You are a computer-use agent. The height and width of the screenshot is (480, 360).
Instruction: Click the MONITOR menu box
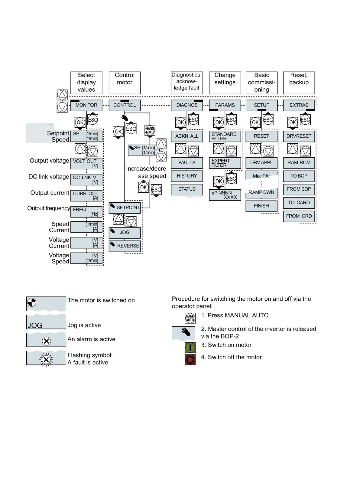(x=86, y=105)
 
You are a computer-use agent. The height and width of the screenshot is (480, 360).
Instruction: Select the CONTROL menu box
(x=125, y=105)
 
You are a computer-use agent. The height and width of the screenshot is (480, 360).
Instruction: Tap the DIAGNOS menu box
(x=187, y=105)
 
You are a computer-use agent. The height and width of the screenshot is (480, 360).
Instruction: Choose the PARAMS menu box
(x=225, y=105)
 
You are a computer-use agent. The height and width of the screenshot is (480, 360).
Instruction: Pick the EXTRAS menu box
(x=299, y=105)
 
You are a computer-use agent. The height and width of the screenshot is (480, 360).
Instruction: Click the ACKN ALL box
(x=187, y=136)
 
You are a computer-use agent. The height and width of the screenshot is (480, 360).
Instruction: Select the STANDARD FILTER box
(x=225, y=136)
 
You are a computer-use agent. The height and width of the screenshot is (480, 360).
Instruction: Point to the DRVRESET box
(x=299, y=136)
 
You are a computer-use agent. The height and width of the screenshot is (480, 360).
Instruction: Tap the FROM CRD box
(x=299, y=216)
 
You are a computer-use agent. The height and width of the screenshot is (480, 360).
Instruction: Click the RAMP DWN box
(x=261, y=192)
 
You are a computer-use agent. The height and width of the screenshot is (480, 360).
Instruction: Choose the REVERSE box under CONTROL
(x=125, y=246)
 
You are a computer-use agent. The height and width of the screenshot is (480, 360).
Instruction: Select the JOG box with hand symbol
(x=125, y=232)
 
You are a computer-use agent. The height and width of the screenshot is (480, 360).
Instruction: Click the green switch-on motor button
(x=190, y=348)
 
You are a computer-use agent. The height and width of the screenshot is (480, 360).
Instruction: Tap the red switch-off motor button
(x=190, y=360)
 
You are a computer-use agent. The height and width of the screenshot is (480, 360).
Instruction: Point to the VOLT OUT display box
(x=86, y=163)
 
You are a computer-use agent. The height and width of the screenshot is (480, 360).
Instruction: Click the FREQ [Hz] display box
(x=86, y=211)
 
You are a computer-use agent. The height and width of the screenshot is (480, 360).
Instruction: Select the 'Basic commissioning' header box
(x=261, y=82)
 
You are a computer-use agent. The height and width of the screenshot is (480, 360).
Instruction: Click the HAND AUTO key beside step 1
(x=190, y=318)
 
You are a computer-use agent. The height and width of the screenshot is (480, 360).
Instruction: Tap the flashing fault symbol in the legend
(x=46, y=359)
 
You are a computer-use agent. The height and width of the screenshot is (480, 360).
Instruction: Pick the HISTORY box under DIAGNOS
(x=187, y=176)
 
